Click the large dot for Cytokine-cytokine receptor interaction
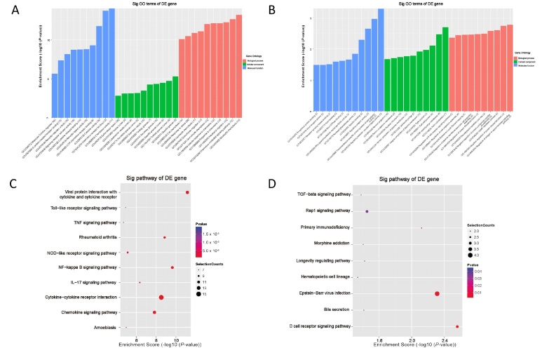point(161,298)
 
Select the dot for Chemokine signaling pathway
point(154,312)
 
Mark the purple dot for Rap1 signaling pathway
point(367,211)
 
